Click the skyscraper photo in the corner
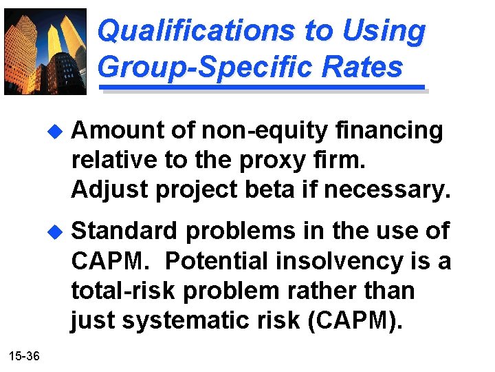pos(45,52)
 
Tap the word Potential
pos(219,261)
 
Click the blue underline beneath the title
pos(262,88)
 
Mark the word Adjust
pos(109,189)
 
